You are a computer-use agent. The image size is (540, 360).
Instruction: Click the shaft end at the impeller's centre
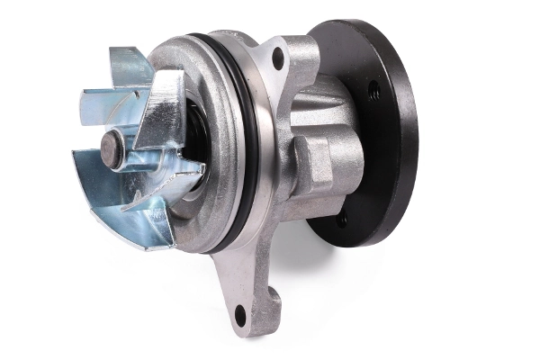pyautogui.click(x=112, y=148)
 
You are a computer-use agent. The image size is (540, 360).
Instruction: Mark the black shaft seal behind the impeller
pyautogui.click(x=193, y=135)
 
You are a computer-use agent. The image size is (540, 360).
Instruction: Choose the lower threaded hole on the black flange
pyautogui.click(x=341, y=219)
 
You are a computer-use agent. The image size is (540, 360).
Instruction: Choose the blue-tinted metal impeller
pyautogui.click(x=135, y=157)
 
